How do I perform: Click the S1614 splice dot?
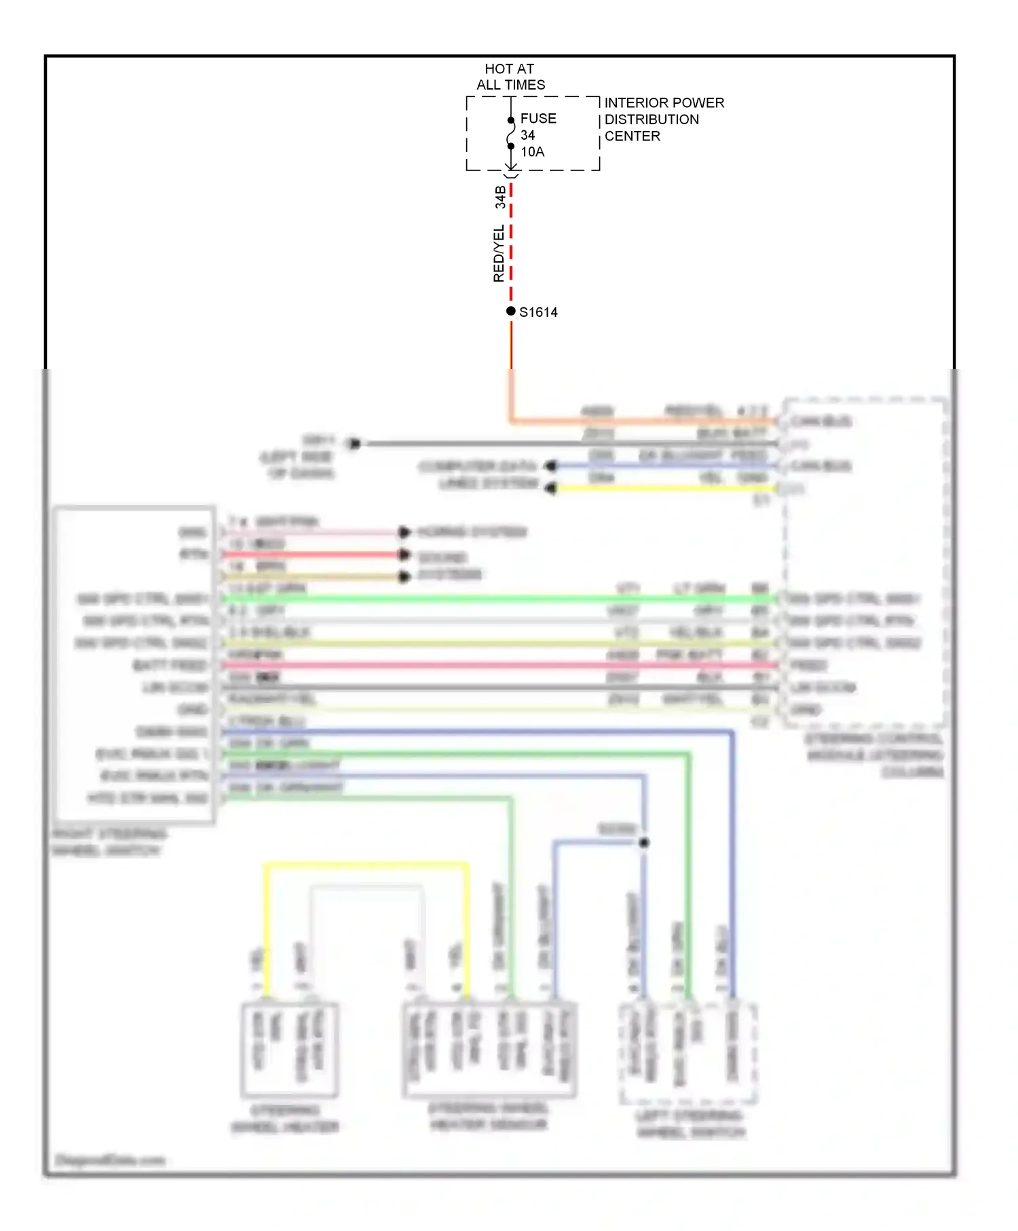point(510,311)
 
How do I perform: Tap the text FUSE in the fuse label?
point(538,118)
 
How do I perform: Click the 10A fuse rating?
point(532,151)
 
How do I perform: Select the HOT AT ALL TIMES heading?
point(510,77)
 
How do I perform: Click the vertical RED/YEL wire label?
point(498,253)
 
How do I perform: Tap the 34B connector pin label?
point(500,197)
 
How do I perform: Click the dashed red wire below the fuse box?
point(511,244)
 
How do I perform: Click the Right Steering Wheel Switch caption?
point(109,842)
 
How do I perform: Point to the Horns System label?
point(472,531)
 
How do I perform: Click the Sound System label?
point(448,566)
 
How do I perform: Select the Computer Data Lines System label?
point(478,474)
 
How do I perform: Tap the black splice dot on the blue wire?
point(644,842)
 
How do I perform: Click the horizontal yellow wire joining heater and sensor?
point(366,865)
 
